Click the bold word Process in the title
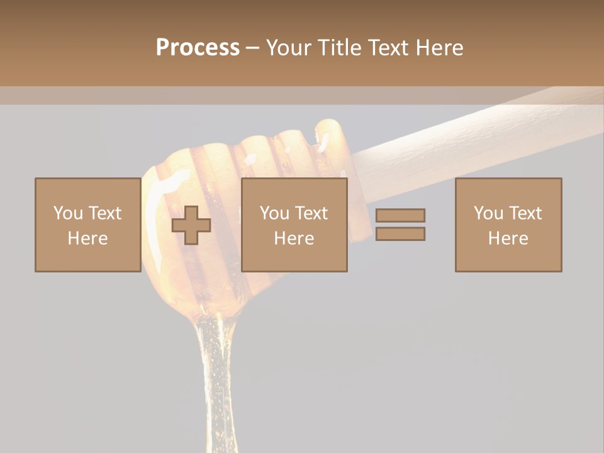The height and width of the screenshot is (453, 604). (198, 48)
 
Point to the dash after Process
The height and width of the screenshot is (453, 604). (252, 48)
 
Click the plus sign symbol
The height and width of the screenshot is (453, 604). (191, 225)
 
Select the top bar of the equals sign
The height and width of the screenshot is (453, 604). (400, 215)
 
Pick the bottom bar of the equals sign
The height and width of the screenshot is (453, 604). (400, 233)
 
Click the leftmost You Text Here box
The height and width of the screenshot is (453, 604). (88, 225)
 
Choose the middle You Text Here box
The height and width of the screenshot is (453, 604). (294, 225)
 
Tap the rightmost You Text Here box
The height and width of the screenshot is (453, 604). (508, 225)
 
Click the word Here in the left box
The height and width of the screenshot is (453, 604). (88, 238)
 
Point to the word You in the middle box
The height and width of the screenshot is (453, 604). (274, 213)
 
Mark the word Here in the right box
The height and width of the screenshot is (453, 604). (508, 238)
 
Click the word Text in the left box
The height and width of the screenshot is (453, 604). (104, 213)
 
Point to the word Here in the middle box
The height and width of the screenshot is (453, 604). (294, 238)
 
